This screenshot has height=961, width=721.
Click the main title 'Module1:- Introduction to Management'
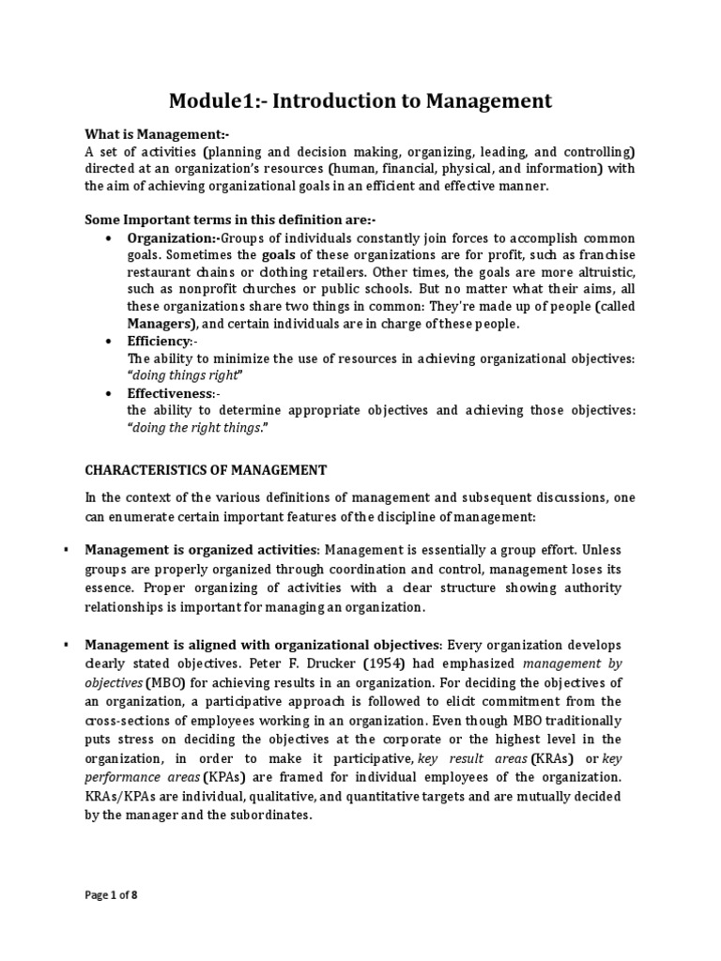pyautogui.click(x=360, y=100)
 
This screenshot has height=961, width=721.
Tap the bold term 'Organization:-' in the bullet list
pyautogui.click(x=173, y=238)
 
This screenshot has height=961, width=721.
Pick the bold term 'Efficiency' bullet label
pyautogui.click(x=159, y=341)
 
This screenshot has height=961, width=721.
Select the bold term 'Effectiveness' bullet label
pyautogui.click(x=170, y=393)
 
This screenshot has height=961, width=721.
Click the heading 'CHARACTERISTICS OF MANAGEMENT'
pyautogui.click(x=206, y=469)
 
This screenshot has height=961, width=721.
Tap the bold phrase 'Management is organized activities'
pyautogui.click(x=202, y=549)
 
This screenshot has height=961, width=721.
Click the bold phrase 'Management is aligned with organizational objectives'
pyautogui.click(x=262, y=645)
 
